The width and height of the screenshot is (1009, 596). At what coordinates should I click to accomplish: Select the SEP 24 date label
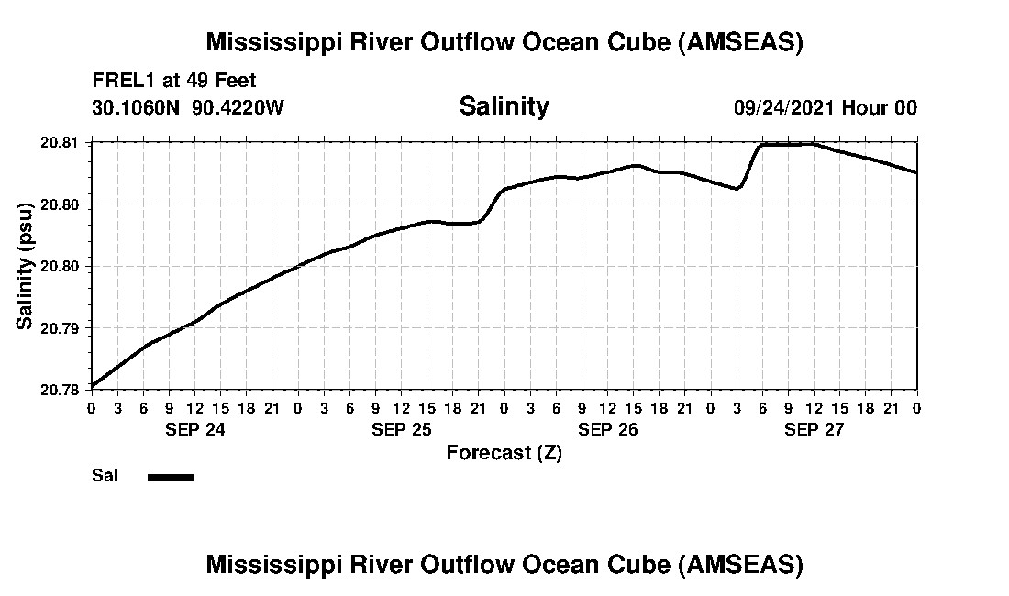pos(194,428)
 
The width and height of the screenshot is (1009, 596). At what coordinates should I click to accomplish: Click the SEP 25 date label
pos(401,428)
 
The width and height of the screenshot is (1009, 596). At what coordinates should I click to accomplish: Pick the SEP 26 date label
pos(607,428)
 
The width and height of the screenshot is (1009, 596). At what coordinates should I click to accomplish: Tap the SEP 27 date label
pos(814,428)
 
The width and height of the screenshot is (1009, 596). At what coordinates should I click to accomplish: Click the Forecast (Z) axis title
pos(504,452)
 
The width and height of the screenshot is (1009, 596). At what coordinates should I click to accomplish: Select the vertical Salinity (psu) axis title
pos(25,266)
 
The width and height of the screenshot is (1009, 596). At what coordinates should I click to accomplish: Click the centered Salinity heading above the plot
pos(504,106)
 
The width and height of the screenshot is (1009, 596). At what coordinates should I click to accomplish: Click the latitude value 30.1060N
pos(138,107)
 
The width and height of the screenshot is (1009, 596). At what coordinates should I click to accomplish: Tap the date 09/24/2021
pos(783,107)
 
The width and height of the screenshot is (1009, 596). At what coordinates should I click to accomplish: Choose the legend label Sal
pos(104,476)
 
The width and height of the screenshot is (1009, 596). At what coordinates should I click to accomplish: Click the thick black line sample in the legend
pos(171,477)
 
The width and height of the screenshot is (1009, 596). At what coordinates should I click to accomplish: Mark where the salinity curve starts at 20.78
pos(92,387)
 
